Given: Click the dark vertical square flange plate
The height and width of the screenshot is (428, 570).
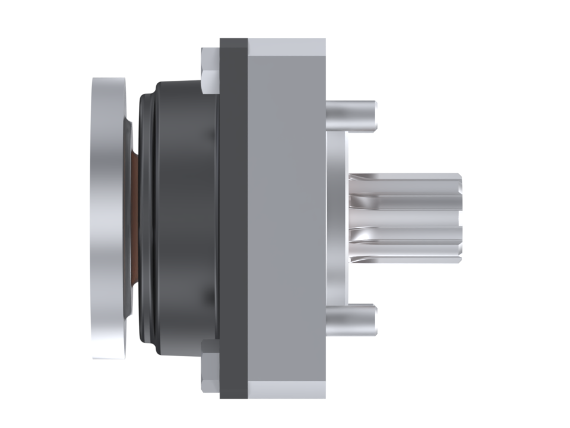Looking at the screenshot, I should tap(233, 218).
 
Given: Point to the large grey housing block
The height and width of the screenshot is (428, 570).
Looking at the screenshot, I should tap(286, 218).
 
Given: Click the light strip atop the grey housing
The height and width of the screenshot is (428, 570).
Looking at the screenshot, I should tap(286, 44).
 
